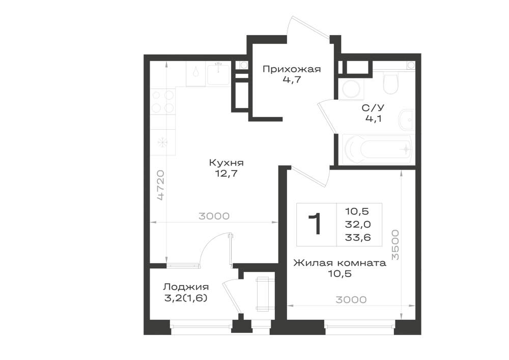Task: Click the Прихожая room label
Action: coord(292,69)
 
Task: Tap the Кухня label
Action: coord(227,162)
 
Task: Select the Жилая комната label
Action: coord(340,263)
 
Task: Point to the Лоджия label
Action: coord(186,287)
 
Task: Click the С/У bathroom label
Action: coord(373,108)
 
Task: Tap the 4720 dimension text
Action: coord(161,185)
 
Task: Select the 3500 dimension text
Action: coord(395,245)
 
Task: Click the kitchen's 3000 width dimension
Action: coord(214,216)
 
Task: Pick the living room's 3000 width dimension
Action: coord(351,299)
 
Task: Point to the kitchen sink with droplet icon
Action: coord(196,73)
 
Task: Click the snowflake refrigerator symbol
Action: coord(162,142)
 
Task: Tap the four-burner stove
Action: coord(163,101)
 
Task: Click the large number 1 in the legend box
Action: coord(315,224)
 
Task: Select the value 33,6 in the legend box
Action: coord(358,238)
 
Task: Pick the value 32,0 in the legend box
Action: coord(358,225)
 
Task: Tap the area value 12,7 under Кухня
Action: coord(227,174)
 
